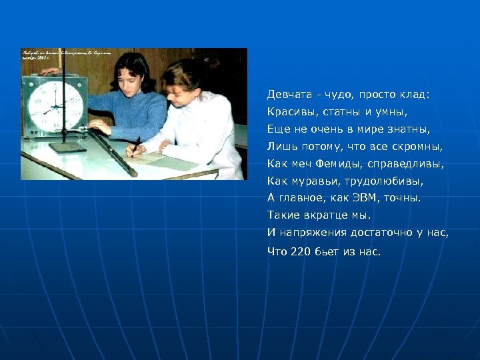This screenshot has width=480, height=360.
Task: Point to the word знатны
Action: (x=411, y=129)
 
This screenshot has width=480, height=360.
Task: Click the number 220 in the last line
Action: (x=300, y=251)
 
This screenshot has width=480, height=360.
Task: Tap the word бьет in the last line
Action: (x=329, y=251)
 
